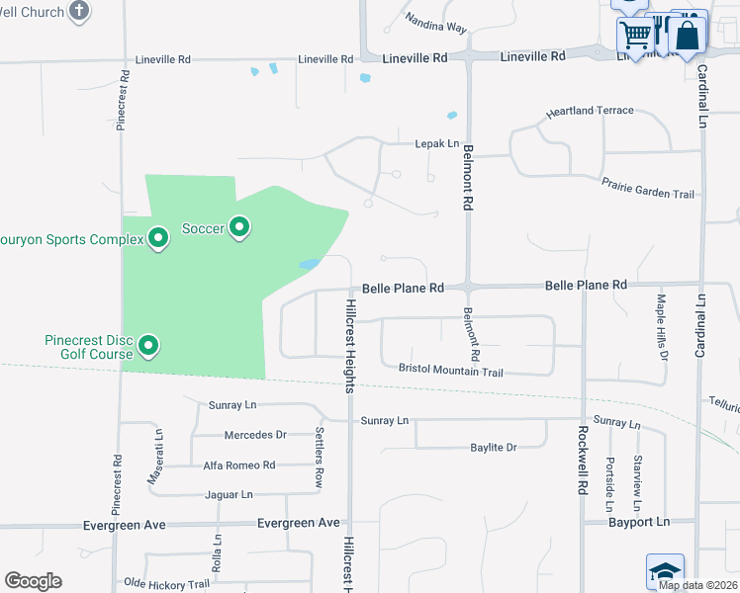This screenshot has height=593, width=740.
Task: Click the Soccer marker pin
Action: pos(239,228)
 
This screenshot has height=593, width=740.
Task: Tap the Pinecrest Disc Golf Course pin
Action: pos(148,345)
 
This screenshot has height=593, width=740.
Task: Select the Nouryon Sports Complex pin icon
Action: pos(157,238)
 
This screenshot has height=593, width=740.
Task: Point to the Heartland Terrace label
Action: pos(590,111)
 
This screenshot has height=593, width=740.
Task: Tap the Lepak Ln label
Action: pos(436,143)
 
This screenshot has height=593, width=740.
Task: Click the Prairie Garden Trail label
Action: pos(648,188)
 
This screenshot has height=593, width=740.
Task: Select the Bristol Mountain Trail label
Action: pos(451,371)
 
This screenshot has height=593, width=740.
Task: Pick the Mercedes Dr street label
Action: pos(255,435)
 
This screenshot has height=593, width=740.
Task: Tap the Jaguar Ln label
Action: pos(229,494)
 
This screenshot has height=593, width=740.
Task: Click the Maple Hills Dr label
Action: pos(663,325)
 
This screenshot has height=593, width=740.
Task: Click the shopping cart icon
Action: pos(635,36)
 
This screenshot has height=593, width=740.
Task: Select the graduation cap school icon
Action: pos(665,571)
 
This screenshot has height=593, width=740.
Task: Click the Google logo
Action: pos(33,581)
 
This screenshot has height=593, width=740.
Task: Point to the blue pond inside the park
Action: pos(310,265)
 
